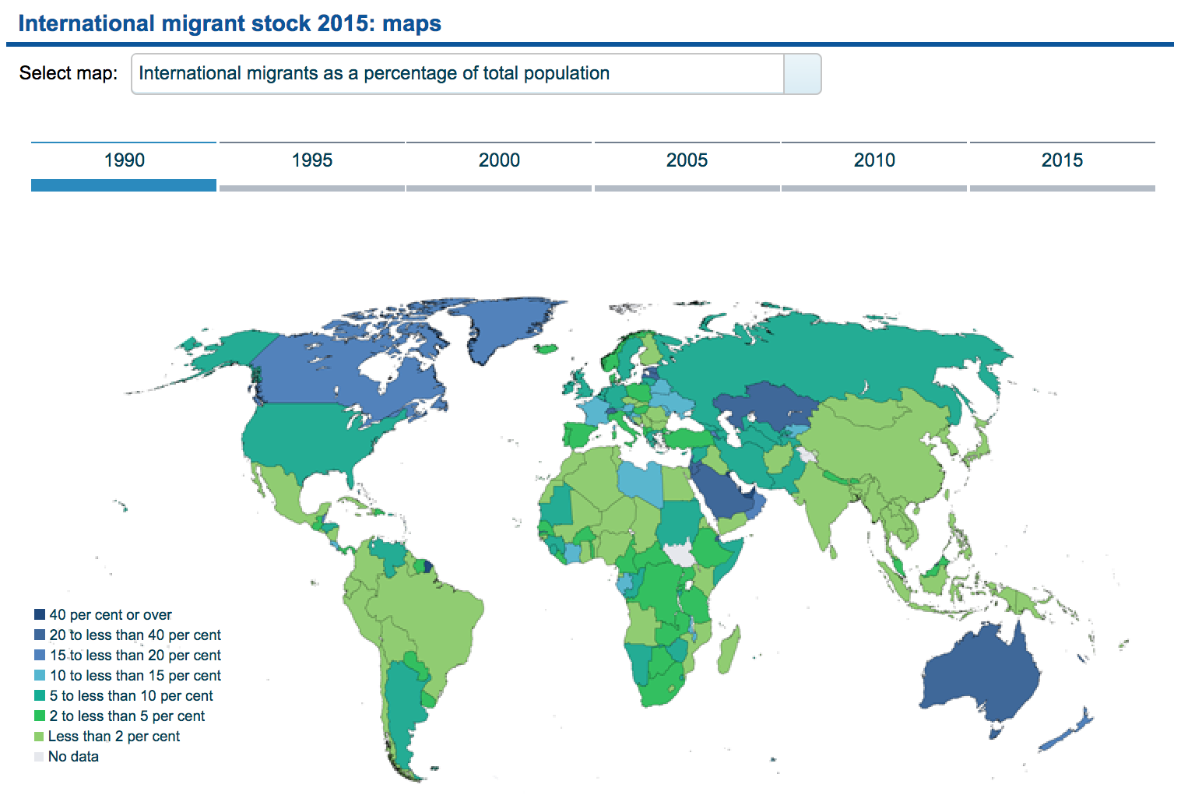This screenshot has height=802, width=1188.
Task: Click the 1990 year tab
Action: (x=124, y=161)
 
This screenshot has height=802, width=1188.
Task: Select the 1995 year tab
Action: (x=311, y=161)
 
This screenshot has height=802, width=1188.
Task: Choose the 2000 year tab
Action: (x=499, y=161)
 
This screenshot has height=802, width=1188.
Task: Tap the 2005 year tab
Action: (x=687, y=161)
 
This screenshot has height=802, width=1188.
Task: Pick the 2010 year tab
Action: (x=874, y=161)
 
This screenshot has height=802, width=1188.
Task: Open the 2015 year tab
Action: (x=1062, y=161)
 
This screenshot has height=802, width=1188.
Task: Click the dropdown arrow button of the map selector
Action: (x=802, y=74)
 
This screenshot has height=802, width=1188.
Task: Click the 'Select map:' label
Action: (x=69, y=73)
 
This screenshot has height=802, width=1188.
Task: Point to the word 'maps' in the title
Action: (x=412, y=23)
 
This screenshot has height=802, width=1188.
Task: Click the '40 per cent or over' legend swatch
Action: (x=40, y=614)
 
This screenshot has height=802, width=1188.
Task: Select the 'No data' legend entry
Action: (x=73, y=757)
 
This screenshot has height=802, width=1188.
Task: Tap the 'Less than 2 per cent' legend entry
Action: (x=114, y=737)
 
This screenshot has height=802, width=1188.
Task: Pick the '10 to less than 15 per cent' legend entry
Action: (x=135, y=676)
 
